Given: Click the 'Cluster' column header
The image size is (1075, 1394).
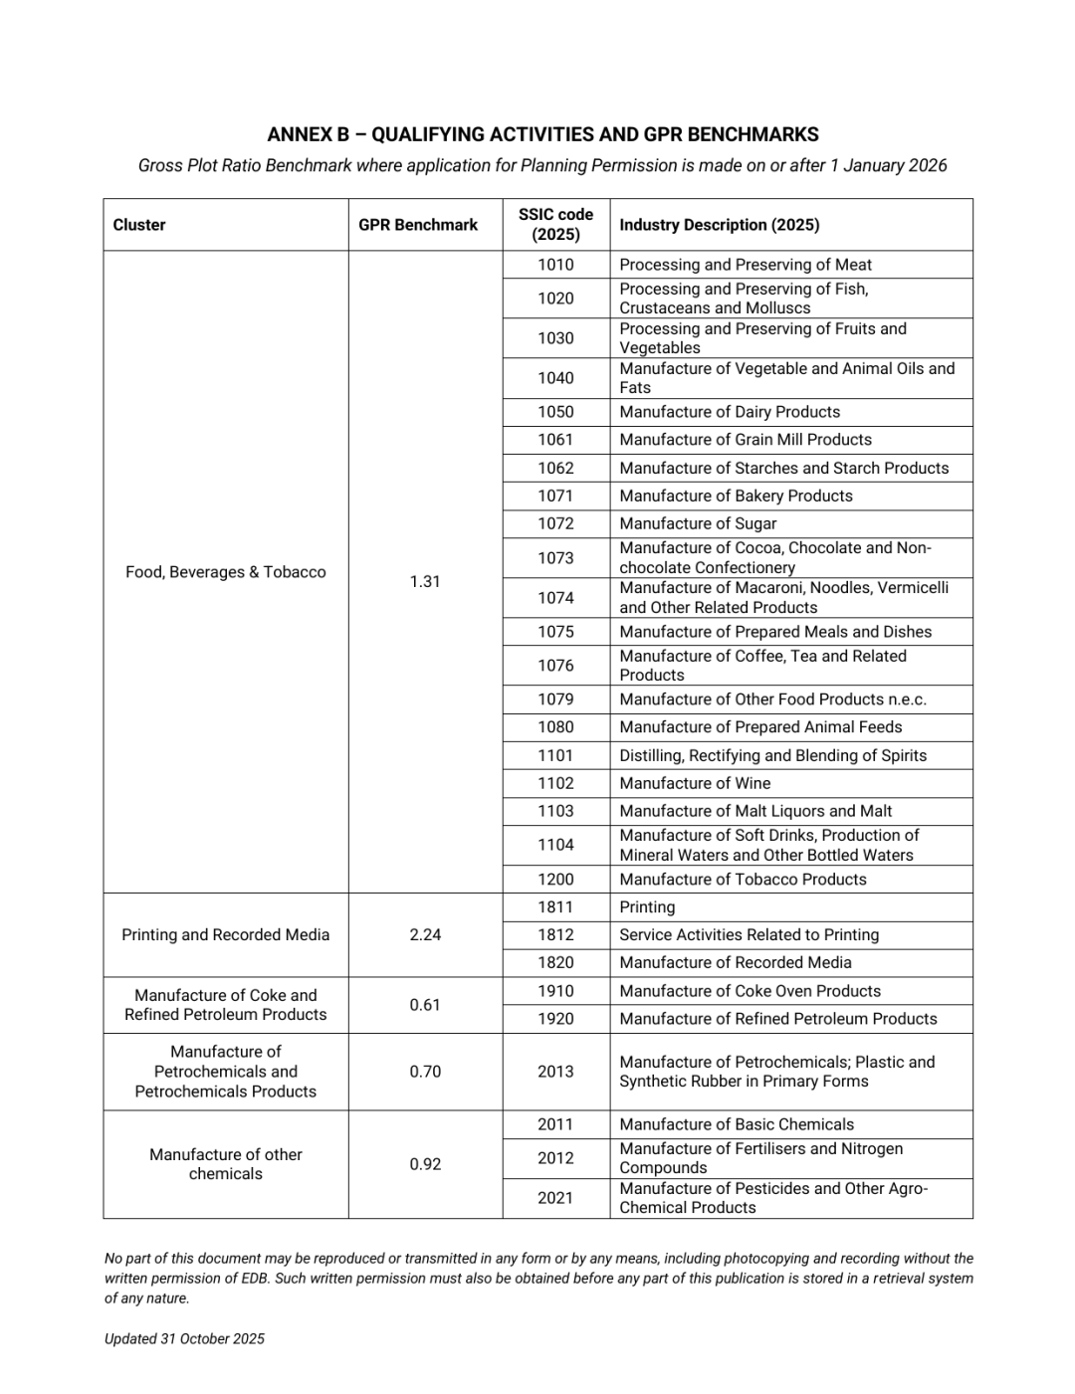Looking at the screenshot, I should point(139,225).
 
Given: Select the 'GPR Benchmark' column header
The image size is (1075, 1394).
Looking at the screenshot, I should point(418,225).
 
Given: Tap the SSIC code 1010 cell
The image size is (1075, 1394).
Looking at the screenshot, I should point(555,265).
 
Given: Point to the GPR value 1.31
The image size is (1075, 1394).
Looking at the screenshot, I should point(425,581).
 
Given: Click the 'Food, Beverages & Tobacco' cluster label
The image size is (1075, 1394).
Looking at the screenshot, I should point(226,572).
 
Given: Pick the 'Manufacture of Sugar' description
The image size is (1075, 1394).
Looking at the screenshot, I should point(698,523).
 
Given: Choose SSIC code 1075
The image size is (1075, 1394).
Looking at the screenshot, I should point(555,632).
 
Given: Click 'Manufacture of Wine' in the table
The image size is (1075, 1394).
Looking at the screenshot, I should point(695,783).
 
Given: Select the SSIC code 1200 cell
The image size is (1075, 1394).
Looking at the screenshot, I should point(555,880).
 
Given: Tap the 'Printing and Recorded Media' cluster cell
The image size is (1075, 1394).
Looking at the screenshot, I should point(226,935).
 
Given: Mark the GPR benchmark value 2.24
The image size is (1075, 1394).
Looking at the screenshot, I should point(425,935).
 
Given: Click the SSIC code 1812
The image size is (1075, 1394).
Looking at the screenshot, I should point(555,935).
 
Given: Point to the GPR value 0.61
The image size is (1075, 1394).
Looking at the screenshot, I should point(425,1005).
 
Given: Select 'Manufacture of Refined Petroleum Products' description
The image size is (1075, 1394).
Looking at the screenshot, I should point(777,1019).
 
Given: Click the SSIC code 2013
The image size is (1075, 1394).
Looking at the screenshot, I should point(555,1072).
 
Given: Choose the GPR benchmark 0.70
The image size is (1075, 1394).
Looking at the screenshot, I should point(425,1072).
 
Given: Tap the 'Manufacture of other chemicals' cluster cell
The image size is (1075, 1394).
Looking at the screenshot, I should point(226,1164).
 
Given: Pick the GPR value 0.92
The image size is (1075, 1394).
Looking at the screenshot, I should point(425,1164).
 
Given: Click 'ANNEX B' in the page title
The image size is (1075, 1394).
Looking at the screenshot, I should point(308,134).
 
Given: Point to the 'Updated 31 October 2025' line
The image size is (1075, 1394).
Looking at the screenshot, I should point(184,1339).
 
